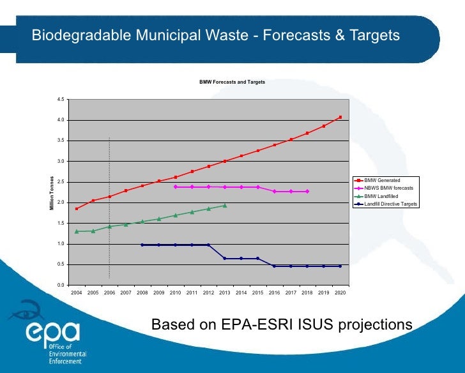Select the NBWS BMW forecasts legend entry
[x=388, y=188]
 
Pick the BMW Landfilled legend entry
[x=381, y=196]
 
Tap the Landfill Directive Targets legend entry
[x=390, y=204]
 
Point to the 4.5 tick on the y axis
[x=60, y=99]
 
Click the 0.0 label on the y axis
[x=60, y=285]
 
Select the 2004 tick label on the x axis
[x=76, y=293]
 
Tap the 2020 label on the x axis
[x=340, y=293]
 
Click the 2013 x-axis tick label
[x=225, y=293]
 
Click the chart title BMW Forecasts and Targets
[x=232, y=82]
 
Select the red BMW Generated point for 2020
[x=340, y=117]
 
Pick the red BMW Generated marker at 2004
[x=77, y=209]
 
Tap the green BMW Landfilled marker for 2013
[x=225, y=205]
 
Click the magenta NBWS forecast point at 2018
[x=307, y=191]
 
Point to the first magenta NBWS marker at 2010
[x=175, y=187]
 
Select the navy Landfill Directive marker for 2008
[x=142, y=245]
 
